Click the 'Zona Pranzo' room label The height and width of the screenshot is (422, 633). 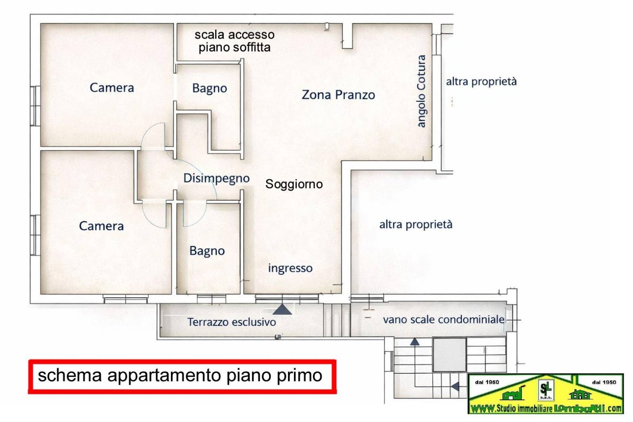tap(338, 95)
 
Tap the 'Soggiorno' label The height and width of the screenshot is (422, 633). tap(294, 184)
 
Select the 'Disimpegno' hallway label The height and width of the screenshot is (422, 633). tap(216, 178)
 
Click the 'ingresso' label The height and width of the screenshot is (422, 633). tap(290, 268)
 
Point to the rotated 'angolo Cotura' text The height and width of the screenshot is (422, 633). tap(421, 92)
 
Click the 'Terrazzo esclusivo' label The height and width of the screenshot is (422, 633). tap(232, 322)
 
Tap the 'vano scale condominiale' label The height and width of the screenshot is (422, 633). tap(444, 320)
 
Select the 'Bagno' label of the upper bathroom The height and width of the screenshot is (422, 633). tap(210, 88)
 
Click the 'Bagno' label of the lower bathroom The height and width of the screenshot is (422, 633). tap(207, 251)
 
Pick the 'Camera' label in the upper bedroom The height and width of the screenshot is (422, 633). tap(112, 88)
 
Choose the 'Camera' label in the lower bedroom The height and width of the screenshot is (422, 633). tap(101, 226)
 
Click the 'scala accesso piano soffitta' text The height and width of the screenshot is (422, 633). tap(235, 41)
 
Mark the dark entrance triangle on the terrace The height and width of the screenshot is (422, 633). tap(282, 309)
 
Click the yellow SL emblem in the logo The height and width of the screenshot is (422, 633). tap(546, 389)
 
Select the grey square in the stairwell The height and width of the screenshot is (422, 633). tap(449, 354)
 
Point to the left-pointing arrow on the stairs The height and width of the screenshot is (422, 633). tap(455, 387)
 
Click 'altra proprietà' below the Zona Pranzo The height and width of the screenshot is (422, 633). tap(416, 224)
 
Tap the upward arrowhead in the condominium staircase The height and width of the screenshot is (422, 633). tap(415, 342)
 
